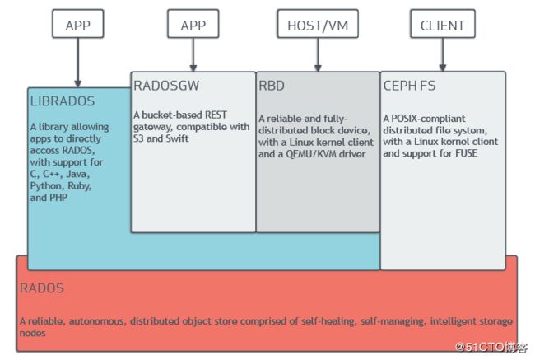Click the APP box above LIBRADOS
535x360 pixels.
tap(78, 24)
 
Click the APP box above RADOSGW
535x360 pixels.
tap(193, 24)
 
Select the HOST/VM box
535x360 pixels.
tap(318, 24)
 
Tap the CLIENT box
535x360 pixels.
tap(443, 24)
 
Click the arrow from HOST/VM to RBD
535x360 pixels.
tap(318, 54)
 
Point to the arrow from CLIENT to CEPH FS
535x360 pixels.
tap(443, 54)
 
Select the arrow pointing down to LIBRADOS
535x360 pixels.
tap(78, 63)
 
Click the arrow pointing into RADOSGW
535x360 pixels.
tap(193, 54)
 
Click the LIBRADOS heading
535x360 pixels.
tap(63, 101)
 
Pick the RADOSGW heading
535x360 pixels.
tap(166, 86)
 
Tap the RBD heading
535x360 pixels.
tap(272, 86)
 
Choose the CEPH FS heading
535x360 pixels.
tap(409, 86)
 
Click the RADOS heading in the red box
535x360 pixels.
tap(42, 288)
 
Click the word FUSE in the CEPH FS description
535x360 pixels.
tap(467, 153)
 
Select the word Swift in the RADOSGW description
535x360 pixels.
tap(177, 138)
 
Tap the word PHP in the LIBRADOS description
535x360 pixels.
tap(58, 198)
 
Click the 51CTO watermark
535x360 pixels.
tap(491, 347)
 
